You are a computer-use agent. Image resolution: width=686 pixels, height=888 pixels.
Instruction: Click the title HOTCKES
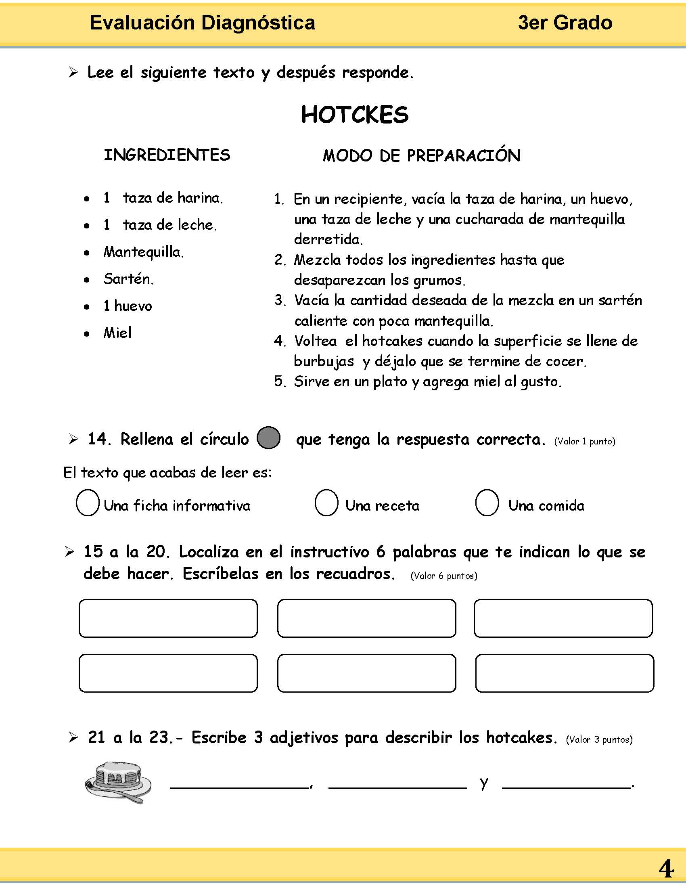pos(354,115)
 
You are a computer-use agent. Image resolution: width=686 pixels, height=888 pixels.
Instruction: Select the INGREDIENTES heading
pos(167,155)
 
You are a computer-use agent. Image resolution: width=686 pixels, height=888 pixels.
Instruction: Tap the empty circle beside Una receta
pos(326,503)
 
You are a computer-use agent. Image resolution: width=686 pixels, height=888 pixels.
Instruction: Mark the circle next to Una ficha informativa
pos(88,503)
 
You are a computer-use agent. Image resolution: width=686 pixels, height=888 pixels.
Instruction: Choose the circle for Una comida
pos(487,503)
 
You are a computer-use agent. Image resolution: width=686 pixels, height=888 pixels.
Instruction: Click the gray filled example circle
pos(269,438)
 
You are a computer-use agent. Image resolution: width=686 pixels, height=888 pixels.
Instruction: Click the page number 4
pos(666,869)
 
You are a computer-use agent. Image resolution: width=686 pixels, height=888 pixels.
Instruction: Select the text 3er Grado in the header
pos(565,23)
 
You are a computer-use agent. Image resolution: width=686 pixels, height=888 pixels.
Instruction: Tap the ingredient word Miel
pos(117,333)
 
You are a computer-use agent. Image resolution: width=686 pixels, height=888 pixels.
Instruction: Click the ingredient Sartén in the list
pos(128,279)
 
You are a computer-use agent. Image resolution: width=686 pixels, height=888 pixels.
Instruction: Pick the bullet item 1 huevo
pos(128,306)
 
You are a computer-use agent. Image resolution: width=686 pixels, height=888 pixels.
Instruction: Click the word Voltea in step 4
pos(316,341)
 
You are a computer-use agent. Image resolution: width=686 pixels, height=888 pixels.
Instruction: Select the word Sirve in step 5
pos(311,381)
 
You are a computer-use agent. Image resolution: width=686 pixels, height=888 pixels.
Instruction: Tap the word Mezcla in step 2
pos(318,260)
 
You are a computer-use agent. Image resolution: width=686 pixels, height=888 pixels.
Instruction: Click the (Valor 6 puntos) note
pos(444,576)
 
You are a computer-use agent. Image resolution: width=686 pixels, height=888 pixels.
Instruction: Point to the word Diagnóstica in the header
pos(258,23)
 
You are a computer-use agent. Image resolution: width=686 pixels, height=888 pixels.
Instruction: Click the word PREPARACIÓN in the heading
pos(463,155)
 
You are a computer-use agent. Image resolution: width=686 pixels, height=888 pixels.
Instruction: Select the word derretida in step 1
pos(328,239)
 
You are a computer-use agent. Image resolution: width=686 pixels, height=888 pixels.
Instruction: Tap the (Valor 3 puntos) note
pos(599,739)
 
